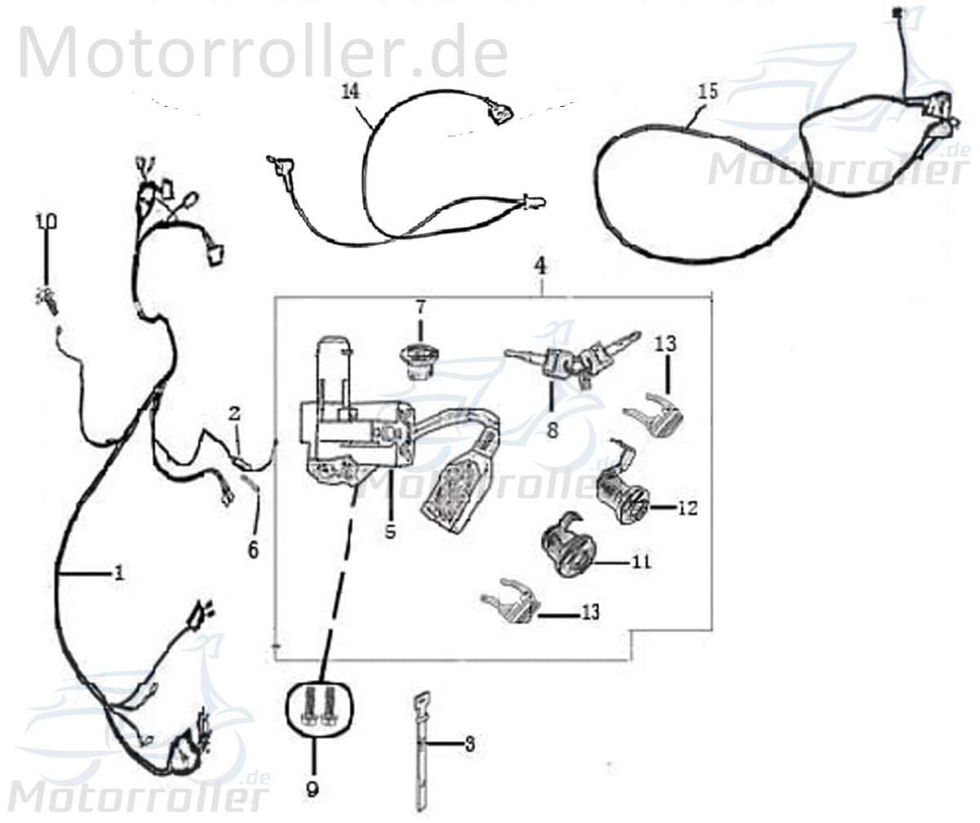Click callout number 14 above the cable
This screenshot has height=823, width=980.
pyautogui.click(x=350, y=91)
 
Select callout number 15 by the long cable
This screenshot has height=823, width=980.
pyautogui.click(x=708, y=91)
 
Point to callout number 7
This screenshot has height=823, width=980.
pyautogui.click(x=420, y=308)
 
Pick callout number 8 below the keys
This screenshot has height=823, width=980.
pyautogui.click(x=553, y=430)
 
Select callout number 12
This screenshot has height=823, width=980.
pyautogui.click(x=688, y=508)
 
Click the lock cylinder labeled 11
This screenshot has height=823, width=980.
pyautogui.click(x=567, y=549)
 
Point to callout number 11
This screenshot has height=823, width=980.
pyautogui.click(x=641, y=562)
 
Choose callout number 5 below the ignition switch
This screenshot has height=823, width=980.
pyautogui.click(x=390, y=530)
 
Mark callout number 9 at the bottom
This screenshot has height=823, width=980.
pyautogui.click(x=312, y=789)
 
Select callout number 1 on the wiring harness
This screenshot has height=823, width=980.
pyautogui.click(x=119, y=573)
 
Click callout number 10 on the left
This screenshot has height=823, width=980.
pyautogui.click(x=46, y=221)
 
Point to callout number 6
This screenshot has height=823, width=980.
pyautogui.click(x=253, y=550)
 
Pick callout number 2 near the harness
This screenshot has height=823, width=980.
pyautogui.click(x=235, y=414)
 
